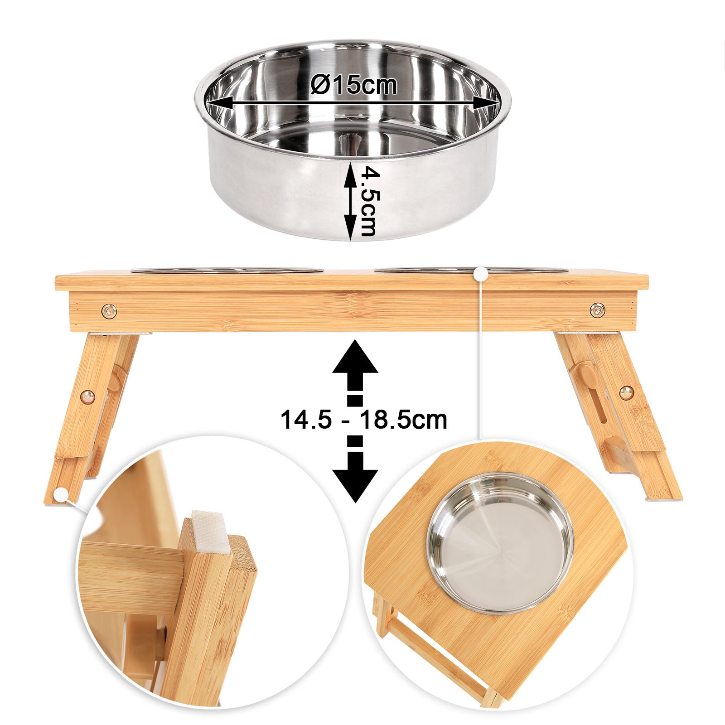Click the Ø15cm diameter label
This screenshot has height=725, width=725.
coord(354,85)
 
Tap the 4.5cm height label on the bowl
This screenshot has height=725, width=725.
coord(367,201)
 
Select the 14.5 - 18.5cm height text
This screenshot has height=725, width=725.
coord(363,420)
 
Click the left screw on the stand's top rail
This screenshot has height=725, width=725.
coord(109,310)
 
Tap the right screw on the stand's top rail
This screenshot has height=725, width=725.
coord(598,310)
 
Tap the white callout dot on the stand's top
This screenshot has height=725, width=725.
coord(480,274)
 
